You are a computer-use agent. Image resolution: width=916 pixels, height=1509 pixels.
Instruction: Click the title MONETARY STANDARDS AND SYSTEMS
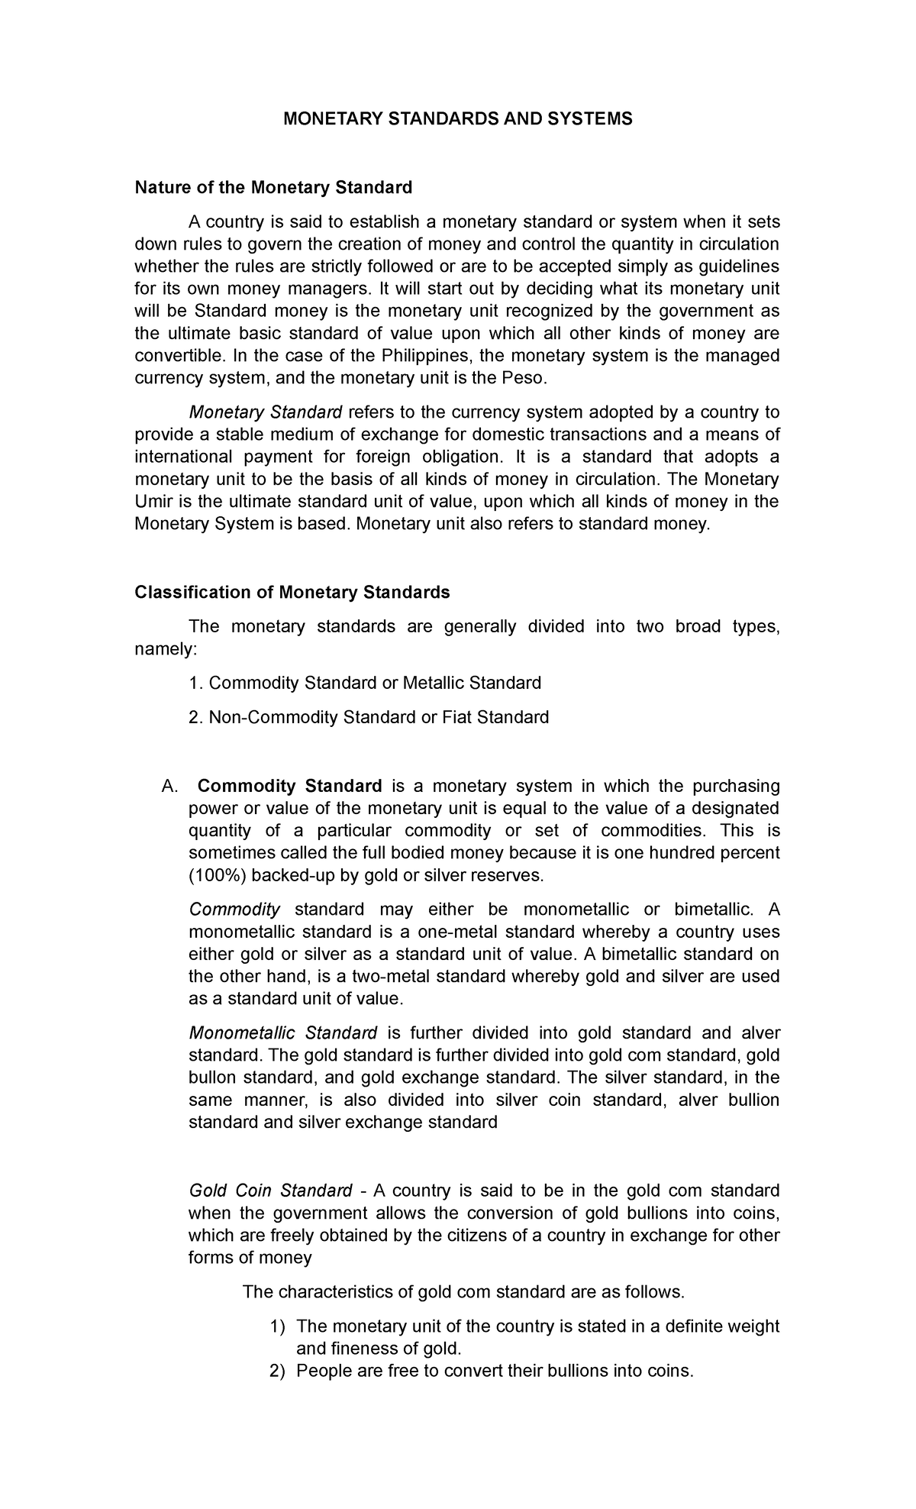pyautogui.click(x=457, y=119)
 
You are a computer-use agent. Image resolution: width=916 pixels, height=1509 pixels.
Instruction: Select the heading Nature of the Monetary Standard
pyautogui.click(x=273, y=187)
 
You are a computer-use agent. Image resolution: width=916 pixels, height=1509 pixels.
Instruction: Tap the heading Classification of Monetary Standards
pyautogui.click(x=292, y=592)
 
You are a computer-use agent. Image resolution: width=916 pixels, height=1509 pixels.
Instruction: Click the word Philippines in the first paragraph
pyautogui.click(x=427, y=356)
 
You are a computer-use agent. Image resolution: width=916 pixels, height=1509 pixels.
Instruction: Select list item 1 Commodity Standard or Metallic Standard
pyautogui.click(x=365, y=682)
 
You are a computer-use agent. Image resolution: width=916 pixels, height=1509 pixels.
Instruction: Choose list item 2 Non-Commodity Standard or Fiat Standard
pyautogui.click(x=369, y=717)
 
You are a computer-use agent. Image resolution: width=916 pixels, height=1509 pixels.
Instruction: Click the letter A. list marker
pyautogui.click(x=169, y=787)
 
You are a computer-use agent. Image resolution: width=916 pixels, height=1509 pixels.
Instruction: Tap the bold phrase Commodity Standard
pyautogui.click(x=289, y=786)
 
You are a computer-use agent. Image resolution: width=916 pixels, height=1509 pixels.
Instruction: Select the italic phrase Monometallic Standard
pyautogui.click(x=282, y=1033)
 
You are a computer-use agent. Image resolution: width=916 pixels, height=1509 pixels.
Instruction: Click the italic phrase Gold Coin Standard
pyautogui.click(x=270, y=1191)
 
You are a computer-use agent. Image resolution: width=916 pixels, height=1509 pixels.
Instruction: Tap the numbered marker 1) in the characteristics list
pyautogui.click(x=278, y=1326)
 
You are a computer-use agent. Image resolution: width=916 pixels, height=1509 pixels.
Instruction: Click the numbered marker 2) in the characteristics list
pyautogui.click(x=278, y=1371)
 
